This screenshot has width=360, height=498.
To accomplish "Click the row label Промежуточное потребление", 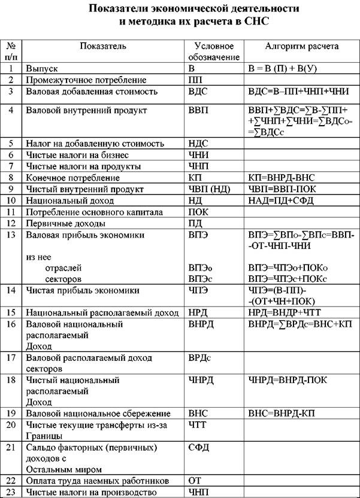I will point(86,80).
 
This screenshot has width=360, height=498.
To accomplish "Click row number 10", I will point(11,201).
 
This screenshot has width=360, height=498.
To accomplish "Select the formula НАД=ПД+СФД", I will point(281,201).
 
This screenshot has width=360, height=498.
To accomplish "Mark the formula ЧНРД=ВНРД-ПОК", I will point(287,379).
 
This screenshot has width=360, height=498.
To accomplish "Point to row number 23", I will point(11,493).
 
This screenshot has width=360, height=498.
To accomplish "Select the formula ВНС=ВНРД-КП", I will point(282,414).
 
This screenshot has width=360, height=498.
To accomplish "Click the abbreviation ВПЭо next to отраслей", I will point(200,268).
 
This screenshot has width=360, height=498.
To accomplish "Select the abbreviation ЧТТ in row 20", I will point(198,425).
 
